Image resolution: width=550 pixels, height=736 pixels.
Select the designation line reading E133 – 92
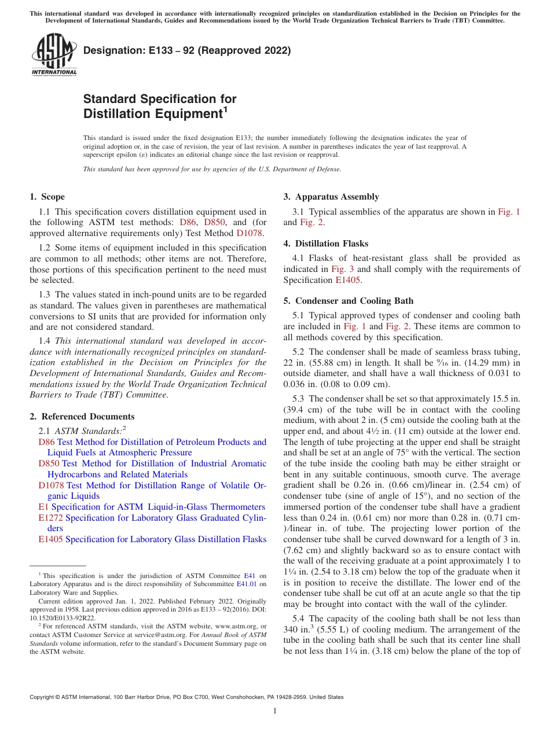[187, 50]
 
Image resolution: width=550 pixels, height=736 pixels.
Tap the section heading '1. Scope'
[47, 197]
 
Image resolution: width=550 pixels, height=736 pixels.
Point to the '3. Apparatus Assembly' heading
[331, 197]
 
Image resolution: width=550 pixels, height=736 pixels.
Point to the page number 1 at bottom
[275, 711]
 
